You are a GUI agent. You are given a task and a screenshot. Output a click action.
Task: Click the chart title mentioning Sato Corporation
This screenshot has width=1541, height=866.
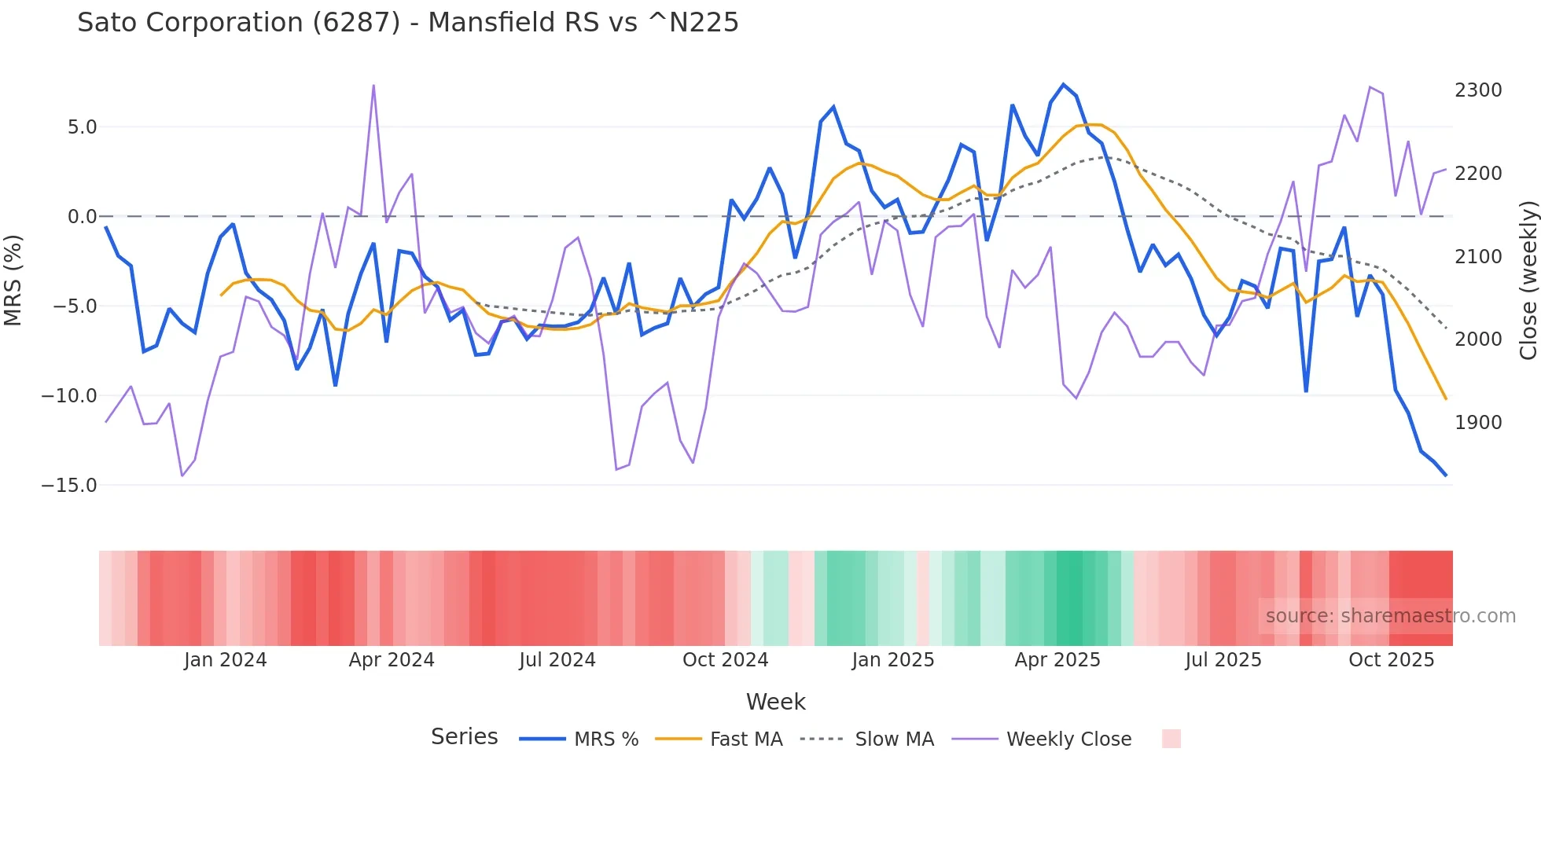407,23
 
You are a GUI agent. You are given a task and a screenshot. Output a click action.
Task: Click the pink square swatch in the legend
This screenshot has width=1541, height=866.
1171,739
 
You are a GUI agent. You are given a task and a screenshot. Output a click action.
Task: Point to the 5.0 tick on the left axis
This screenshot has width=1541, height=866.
82,127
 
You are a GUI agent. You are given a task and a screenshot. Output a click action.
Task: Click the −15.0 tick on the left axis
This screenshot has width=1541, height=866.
69,486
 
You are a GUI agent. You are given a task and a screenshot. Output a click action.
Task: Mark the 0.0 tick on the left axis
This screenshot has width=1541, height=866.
82,217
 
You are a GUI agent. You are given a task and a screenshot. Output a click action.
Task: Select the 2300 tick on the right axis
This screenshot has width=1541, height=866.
1478,90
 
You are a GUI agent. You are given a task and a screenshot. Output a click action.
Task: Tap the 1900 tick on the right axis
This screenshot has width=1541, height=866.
1478,423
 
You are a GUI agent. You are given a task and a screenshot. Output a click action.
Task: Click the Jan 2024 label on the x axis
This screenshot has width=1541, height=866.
226,660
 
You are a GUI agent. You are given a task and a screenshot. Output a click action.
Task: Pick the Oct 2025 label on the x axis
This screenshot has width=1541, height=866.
1391,660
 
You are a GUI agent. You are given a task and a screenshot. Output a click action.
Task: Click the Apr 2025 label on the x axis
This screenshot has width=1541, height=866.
1057,660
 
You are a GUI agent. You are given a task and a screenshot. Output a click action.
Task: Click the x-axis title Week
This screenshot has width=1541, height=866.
775,702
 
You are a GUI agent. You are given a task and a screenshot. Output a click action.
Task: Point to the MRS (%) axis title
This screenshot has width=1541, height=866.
13,280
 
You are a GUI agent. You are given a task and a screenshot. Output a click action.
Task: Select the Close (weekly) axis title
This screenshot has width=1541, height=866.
1528,281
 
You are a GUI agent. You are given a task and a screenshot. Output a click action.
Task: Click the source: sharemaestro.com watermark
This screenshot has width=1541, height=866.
1390,616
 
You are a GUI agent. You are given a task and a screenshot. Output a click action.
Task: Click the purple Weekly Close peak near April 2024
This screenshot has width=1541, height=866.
373,86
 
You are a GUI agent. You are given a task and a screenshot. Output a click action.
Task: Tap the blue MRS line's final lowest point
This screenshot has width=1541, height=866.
1445,475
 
